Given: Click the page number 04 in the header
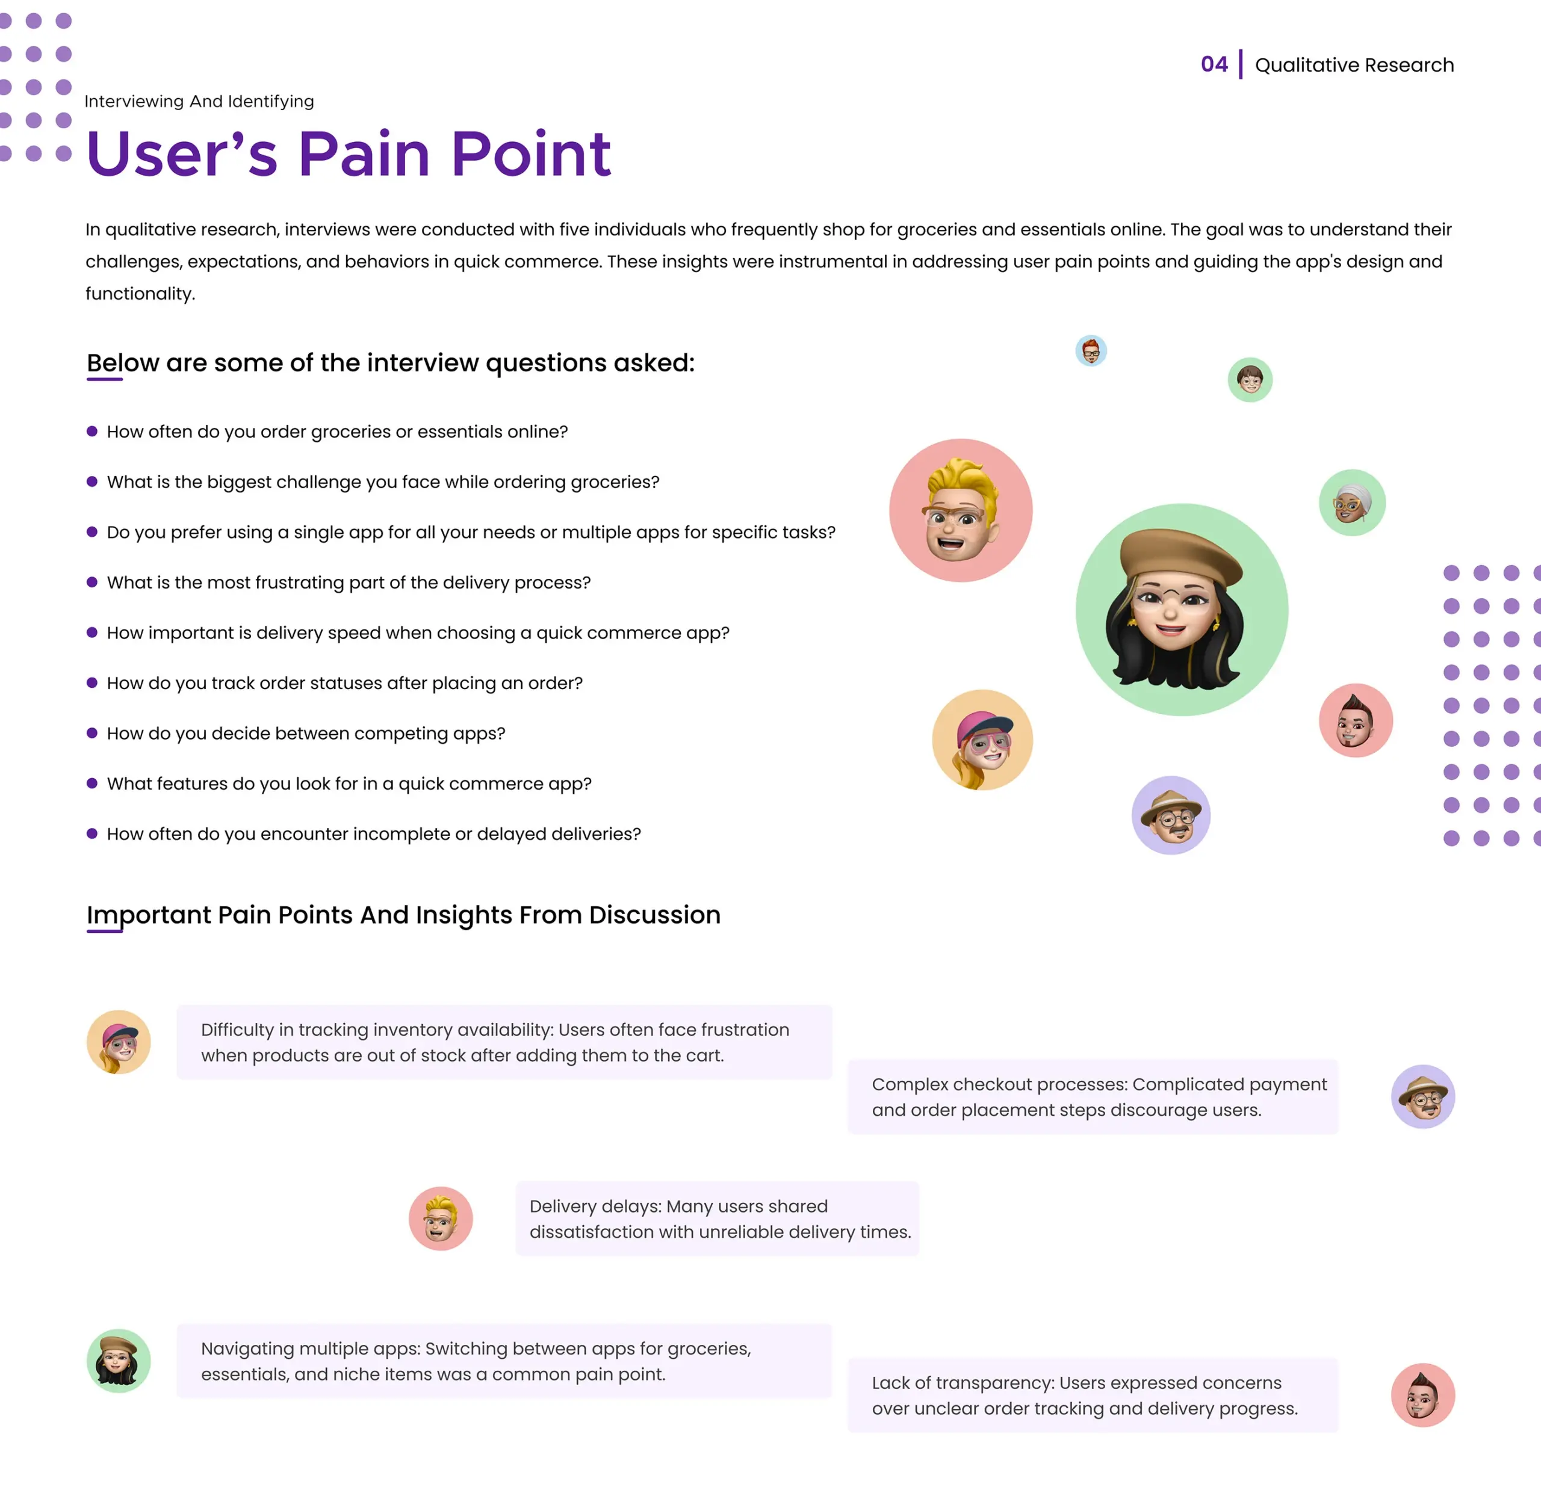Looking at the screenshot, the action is pos(1214,64).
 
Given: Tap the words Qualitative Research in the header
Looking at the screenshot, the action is pos(1354,64).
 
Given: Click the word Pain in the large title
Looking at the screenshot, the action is pos(364,153).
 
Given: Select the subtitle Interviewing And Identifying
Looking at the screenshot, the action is pos(199,102).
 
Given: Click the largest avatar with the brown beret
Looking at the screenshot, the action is pos(1182,610).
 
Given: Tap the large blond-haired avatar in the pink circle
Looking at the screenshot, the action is pos(961,510).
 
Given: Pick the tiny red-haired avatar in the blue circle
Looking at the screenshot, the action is pos(1091,350).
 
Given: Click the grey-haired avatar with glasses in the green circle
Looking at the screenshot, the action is pos(1352,503).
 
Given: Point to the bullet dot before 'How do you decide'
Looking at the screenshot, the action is pos(92,733).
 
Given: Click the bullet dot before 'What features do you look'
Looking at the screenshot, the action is pos(92,783).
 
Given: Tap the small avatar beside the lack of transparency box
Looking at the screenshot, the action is pos(1423,1395).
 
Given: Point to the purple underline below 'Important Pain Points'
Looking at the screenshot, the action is pos(105,932).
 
